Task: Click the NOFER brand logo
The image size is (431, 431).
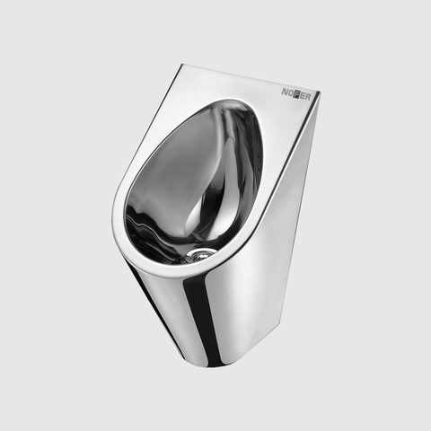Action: tap(295, 94)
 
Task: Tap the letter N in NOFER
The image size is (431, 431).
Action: tap(285, 92)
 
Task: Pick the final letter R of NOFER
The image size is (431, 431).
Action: tap(307, 97)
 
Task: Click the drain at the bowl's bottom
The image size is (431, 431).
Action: tap(198, 254)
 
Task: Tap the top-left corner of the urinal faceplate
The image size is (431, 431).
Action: tap(183, 64)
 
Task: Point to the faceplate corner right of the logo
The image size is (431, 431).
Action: tap(320, 92)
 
